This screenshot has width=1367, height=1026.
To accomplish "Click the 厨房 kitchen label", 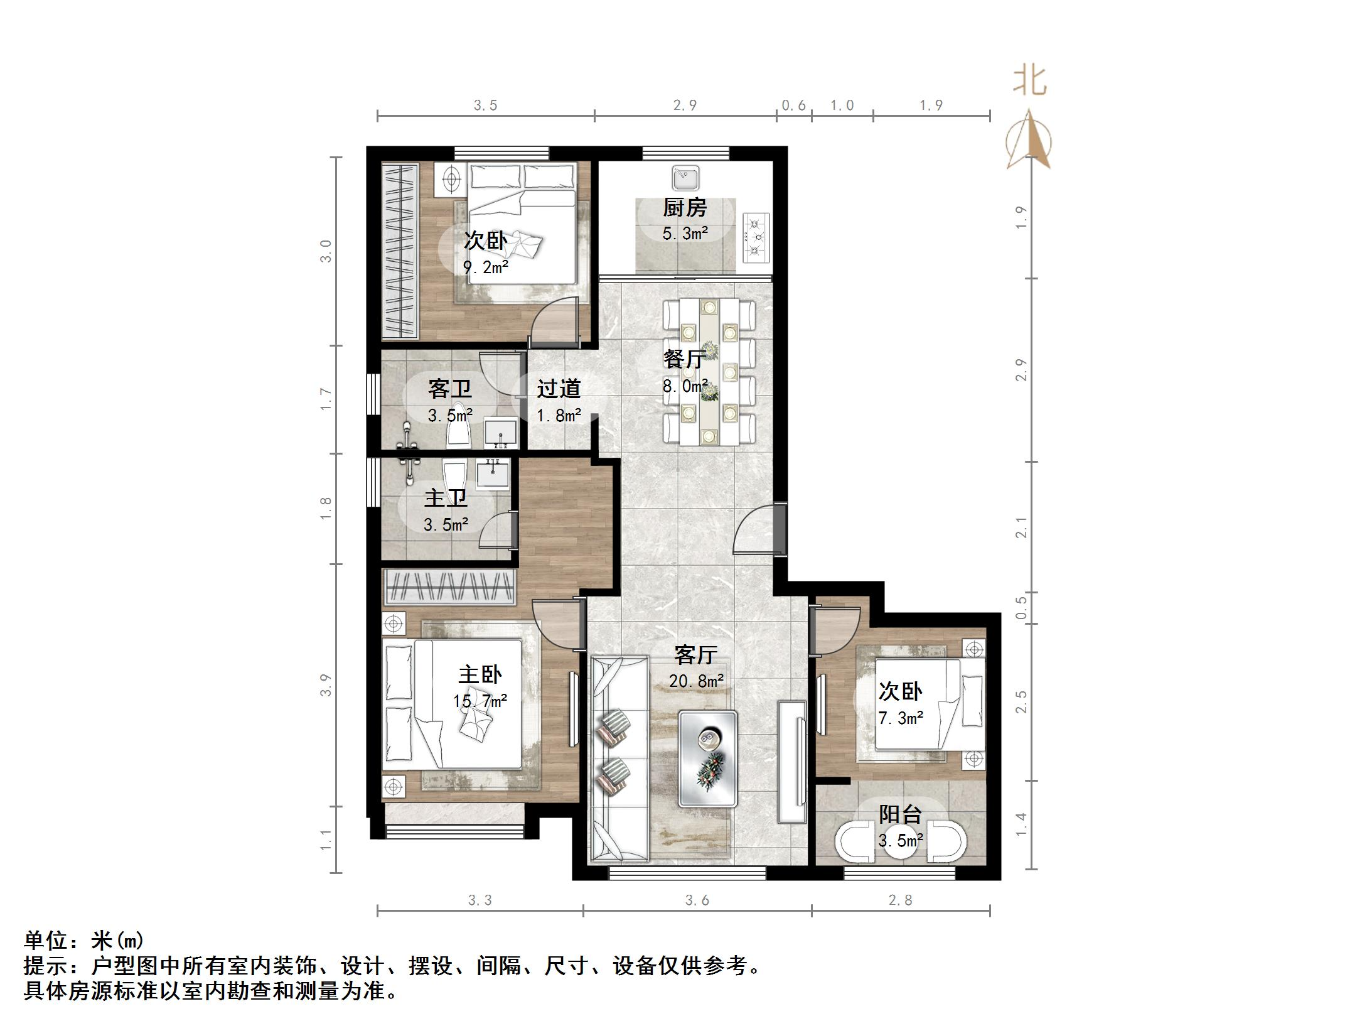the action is point(685,208).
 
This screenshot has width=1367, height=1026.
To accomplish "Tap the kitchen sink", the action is point(685,178).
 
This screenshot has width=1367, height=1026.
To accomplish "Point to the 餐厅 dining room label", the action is point(685,359).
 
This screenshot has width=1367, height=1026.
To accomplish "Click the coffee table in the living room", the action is point(708,759).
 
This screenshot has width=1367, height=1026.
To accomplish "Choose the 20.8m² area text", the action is point(697,681).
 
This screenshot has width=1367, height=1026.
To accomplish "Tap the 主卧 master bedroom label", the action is point(480,674).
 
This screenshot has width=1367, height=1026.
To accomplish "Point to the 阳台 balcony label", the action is point(900,814).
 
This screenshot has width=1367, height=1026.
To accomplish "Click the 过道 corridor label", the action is point(559,389).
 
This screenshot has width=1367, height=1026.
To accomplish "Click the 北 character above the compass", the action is point(1029,82).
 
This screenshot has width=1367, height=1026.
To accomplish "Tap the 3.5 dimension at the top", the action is point(485,105).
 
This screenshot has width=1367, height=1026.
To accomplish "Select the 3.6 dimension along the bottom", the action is point(697,901).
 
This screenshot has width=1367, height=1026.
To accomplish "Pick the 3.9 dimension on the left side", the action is point(325,685).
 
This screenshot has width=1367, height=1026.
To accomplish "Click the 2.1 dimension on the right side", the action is point(1021,527).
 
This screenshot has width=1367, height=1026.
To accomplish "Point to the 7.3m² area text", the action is point(901,717).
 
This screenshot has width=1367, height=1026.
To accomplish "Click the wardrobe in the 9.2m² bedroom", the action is point(400,251).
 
